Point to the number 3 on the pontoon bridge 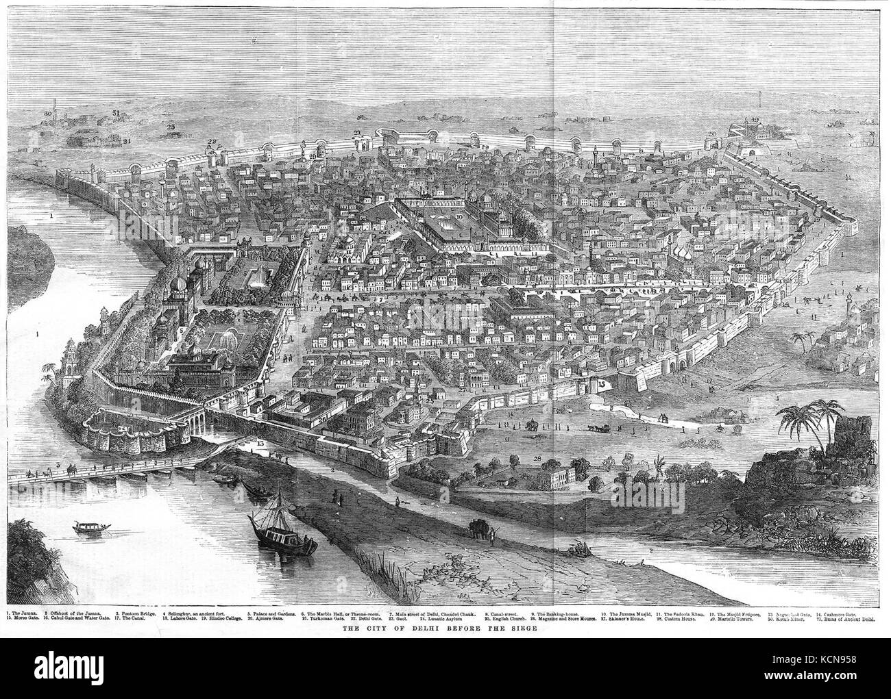coord(59,466)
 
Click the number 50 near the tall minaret coord(47,112)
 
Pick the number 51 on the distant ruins coord(116,112)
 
